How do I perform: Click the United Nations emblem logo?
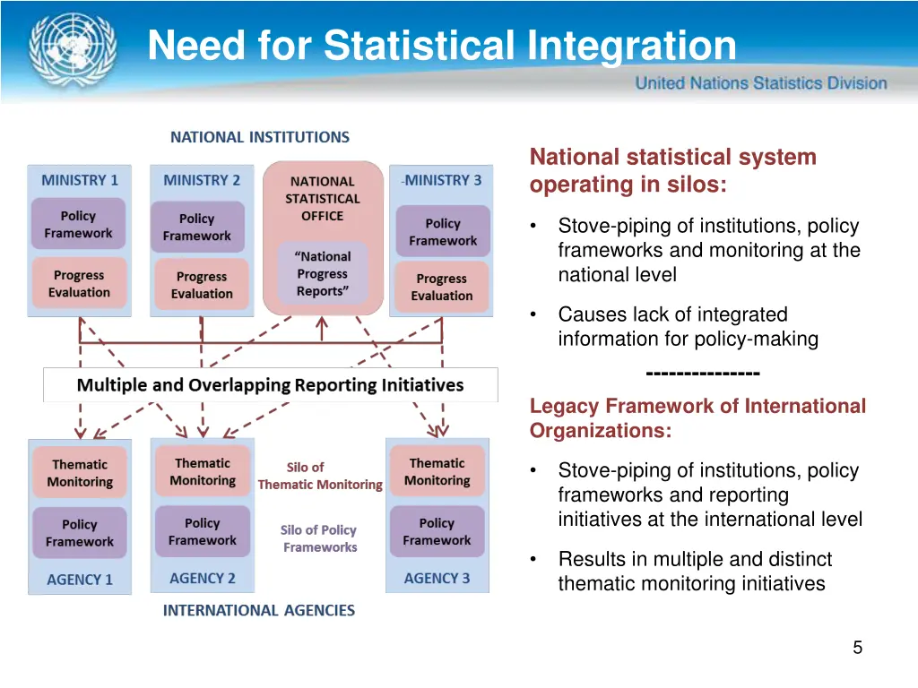(x=72, y=49)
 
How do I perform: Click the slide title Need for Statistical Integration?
(x=441, y=46)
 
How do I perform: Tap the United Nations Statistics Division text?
(x=761, y=83)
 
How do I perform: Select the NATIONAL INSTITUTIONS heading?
(x=260, y=137)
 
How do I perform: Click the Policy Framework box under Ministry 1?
(x=79, y=225)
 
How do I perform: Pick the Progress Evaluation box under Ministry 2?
(x=202, y=285)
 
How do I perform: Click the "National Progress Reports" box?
(x=322, y=274)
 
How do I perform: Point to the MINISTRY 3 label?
(x=442, y=180)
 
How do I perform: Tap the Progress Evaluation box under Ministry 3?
(x=442, y=287)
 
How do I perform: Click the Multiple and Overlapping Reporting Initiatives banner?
(x=271, y=385)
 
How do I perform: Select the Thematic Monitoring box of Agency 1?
(x=80, y=473)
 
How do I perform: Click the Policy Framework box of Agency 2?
(x=203, y=531)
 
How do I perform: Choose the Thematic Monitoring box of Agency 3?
(x=437, y=472)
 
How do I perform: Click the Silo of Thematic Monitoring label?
(x=320, y=476)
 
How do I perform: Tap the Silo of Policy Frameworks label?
(x=319, y=538)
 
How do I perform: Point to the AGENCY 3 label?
(x=437, y=578)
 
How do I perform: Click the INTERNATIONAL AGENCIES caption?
(x=259, y=610)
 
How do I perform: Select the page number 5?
(x=857, y=648)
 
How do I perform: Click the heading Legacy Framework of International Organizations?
(x=697, y=418)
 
